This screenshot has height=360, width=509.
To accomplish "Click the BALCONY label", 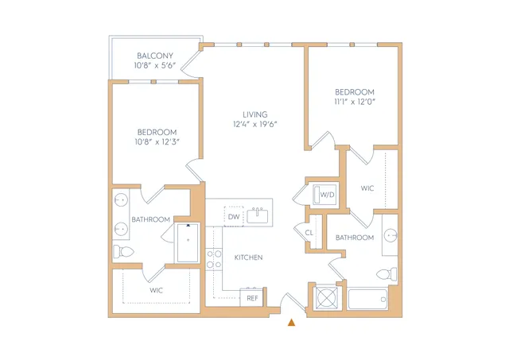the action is point(155,56).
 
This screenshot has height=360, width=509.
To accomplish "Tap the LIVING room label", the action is point(255,114).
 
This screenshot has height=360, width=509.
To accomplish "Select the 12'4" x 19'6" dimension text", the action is point(254,124).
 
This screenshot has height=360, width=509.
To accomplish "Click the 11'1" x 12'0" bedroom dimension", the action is point(355,102).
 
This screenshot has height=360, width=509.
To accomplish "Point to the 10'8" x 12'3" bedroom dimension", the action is point(157,141).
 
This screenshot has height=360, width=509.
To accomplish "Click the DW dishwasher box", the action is point(234,217).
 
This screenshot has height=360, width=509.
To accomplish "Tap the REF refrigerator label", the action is point(252,298).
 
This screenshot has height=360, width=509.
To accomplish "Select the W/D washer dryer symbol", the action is point(324,194).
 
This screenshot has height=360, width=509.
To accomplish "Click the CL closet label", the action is point(309,233).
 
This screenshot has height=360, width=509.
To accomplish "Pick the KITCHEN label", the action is point(248,257).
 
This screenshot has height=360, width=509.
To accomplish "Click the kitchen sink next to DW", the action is point(258,215).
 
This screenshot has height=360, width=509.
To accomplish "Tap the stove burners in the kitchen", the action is point(214,259).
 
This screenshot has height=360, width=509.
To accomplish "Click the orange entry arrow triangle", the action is point(292,322).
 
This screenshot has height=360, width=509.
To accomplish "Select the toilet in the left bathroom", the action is point(123,251).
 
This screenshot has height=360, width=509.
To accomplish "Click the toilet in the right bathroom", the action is point(387,274).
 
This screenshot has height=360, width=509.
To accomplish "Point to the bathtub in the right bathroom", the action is point(367,300).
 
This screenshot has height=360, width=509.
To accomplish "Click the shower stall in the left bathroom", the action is point(187,242).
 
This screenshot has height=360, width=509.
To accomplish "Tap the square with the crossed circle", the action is point(327,298).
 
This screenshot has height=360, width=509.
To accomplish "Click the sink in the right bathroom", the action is point(390,235).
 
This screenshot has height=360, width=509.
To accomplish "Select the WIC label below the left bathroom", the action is point(156,291).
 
